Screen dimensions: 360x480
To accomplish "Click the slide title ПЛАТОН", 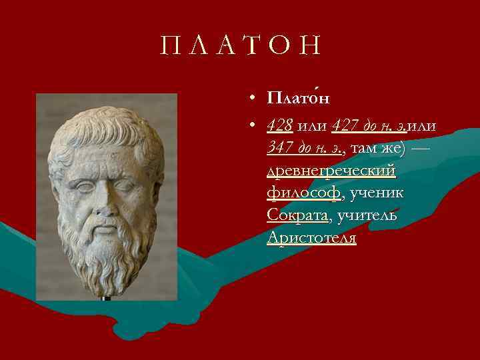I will pyautogui.click(x=241, y=46).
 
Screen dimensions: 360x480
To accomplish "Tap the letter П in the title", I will pyautogui.click(x=168, y=46).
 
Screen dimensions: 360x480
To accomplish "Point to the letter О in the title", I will pyautogui.click(x=279, y=46).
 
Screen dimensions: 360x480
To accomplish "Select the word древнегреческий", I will pyautogui.click(x=331, y=171).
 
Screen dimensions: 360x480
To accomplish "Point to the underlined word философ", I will pyautogui.click(x=303, y=193).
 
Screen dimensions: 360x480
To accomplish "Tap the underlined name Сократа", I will pyautogui.click(x=298, y=215).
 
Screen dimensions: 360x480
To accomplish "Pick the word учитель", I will pyautogui.click(x=367, y=215).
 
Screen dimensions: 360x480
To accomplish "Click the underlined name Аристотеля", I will pyautogui.click(x=311, y=238).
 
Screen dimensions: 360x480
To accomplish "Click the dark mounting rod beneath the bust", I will pyautogui.click(x=105, y=297).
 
